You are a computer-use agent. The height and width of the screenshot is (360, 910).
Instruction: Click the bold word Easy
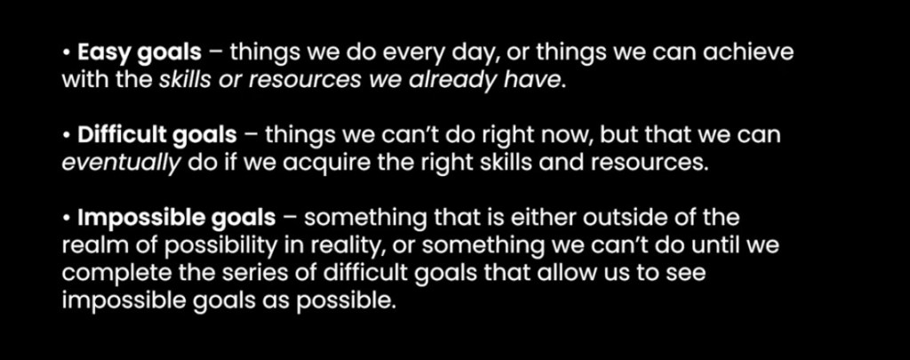[107, 53]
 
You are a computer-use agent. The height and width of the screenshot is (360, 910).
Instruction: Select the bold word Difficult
[124, 135]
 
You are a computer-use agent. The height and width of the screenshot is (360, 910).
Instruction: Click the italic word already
[452, 81]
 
